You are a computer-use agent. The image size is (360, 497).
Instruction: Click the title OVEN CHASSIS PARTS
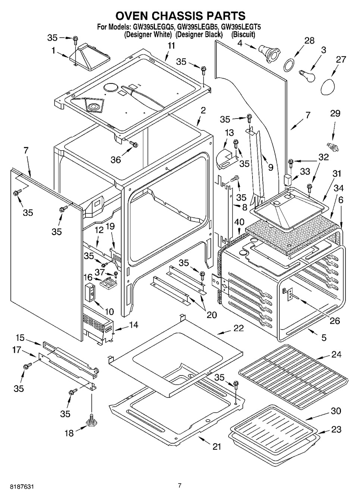click(x=180, y=16)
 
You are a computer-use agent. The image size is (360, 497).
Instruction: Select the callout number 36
click(x=116, y=160)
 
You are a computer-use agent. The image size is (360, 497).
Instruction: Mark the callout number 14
click(x=133, y=325)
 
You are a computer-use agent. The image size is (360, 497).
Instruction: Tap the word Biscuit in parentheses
click(x=243, y=35)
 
